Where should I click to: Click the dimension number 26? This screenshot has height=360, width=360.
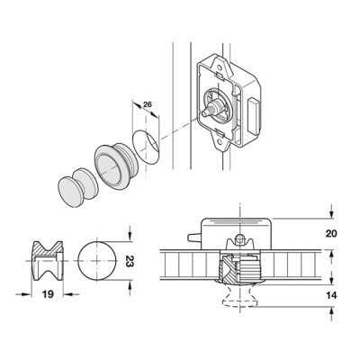(x=148, y=104)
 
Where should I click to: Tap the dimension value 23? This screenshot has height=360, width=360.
(x=130, y=261)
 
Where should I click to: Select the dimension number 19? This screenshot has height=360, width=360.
(x=48, y=294)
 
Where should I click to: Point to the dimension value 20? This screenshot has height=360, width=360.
(x=331, y=233)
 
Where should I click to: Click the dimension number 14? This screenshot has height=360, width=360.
(x=331, y=295)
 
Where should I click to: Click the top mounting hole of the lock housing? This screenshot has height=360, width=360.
(x=221, y=63)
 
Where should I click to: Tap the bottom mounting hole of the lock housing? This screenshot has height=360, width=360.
(x=220, y=142)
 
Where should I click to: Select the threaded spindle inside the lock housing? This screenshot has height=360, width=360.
(x=212, y=108)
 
